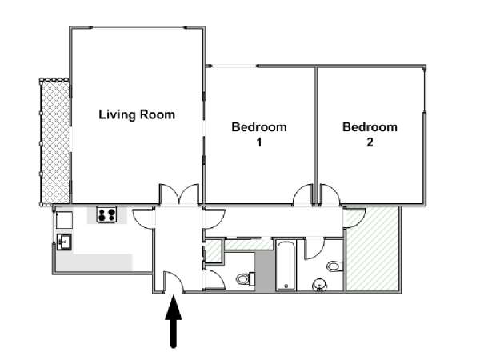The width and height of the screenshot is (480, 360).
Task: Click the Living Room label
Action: coord(137,114)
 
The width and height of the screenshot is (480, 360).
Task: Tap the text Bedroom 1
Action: coord(259,134)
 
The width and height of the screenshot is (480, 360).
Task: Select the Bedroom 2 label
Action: coord(370,134)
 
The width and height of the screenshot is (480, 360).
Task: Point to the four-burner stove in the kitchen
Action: coord(106,214)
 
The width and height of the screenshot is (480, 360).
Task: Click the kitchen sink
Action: coord(64,242)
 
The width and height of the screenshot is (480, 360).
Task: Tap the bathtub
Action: coord(286,266)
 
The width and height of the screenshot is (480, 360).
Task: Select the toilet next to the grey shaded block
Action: coord(246,278)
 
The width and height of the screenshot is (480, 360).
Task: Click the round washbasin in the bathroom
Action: coord(319,286)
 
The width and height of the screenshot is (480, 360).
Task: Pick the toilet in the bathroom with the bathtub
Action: coord(335,266)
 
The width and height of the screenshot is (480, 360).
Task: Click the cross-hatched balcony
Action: coord(54,142)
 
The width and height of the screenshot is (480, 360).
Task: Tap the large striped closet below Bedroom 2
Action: coord(372,249)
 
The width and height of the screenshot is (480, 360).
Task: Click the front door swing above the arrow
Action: coord(174,282)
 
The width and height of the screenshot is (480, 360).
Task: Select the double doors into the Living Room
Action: coord(179,194)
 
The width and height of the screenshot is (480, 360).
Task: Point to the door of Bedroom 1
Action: coord(303,194)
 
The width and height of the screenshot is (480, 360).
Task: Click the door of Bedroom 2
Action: coord(330,194)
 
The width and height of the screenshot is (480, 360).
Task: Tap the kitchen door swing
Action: coord(143,218)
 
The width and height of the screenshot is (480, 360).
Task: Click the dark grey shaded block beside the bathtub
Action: coord(265,271)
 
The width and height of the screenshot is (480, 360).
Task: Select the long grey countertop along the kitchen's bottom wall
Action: coord(94,262)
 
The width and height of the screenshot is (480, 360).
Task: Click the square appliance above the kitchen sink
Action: coord(64,220)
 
